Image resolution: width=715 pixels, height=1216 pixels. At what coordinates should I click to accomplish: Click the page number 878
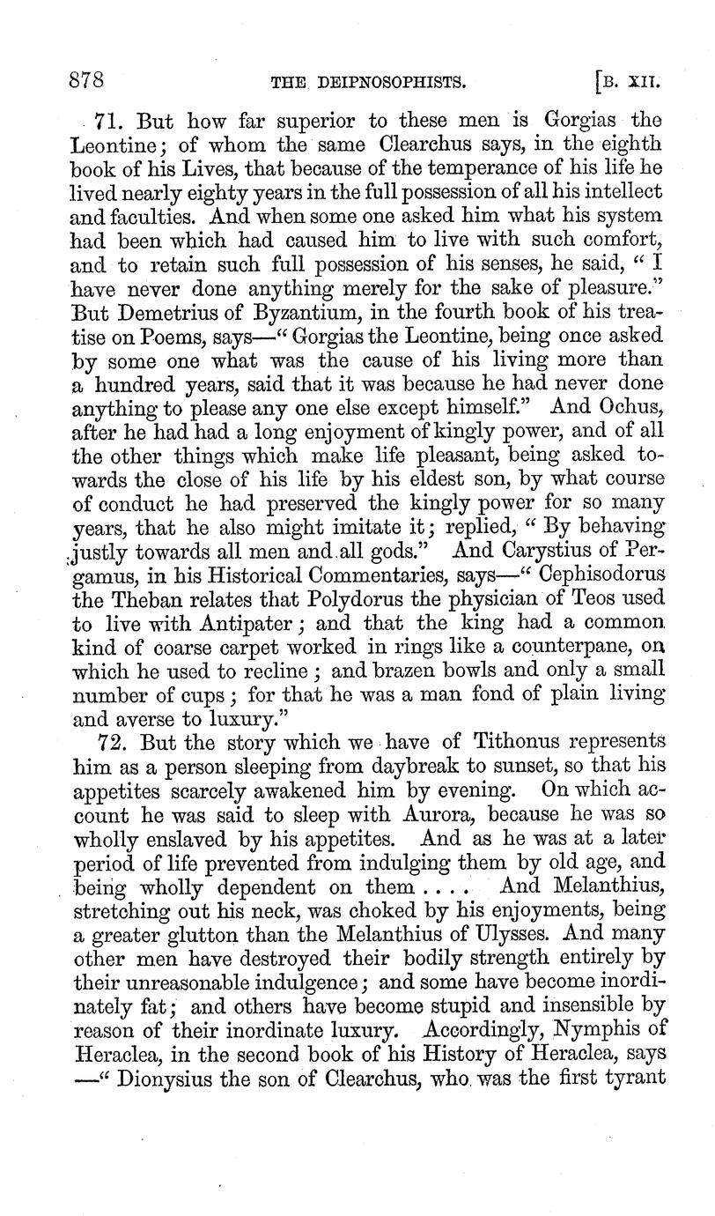click(x=87, y=82)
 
